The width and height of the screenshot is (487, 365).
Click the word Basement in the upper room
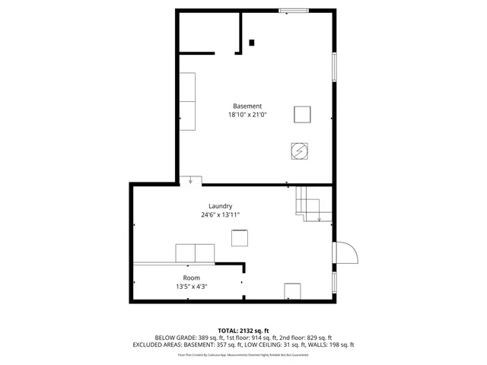pos(247,106)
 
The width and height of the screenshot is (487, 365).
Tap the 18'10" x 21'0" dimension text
pos(247,115)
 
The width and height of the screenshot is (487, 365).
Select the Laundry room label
pos(221,206)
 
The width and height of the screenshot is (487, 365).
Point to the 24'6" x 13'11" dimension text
pos(221,215)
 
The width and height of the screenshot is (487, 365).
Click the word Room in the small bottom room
pos(191,278)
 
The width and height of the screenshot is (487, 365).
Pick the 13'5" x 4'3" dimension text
pos(191,287)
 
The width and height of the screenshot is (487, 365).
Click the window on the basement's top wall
pos(293,10)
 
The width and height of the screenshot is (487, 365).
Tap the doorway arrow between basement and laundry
pos(190,180)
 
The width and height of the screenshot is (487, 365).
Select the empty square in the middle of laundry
pos(240,237)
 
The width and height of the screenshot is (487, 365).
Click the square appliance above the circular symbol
pos(302,114)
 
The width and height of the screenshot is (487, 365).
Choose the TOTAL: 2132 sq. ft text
pos(243,330)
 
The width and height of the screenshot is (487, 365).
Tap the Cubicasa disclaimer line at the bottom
pos(243,354)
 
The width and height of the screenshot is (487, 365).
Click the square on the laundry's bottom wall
pos(293,292)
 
